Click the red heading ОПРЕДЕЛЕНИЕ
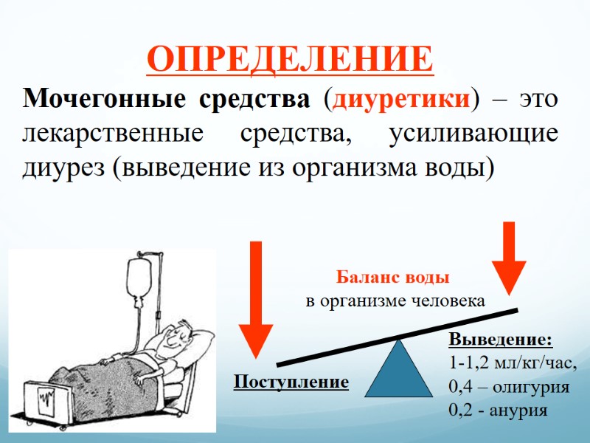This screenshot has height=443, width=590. click(290, 59)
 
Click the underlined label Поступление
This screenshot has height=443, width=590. click(291, 382)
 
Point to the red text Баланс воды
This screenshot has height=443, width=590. click(393, 278)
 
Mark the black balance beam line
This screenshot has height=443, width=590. click(398, 337)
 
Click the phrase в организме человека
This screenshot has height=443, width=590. click(395, 301)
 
